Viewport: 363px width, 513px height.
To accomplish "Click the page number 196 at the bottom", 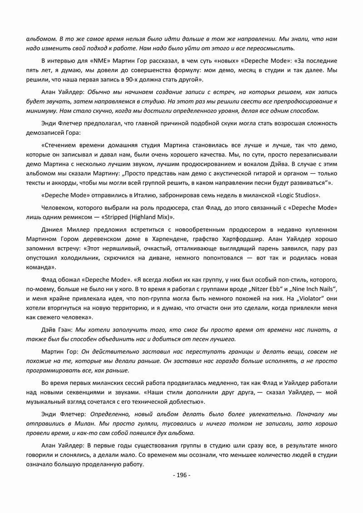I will pyautogui.click(x=181, y=475).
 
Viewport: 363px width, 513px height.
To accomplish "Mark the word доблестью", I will pyautogui.click(x=187, y=402).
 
